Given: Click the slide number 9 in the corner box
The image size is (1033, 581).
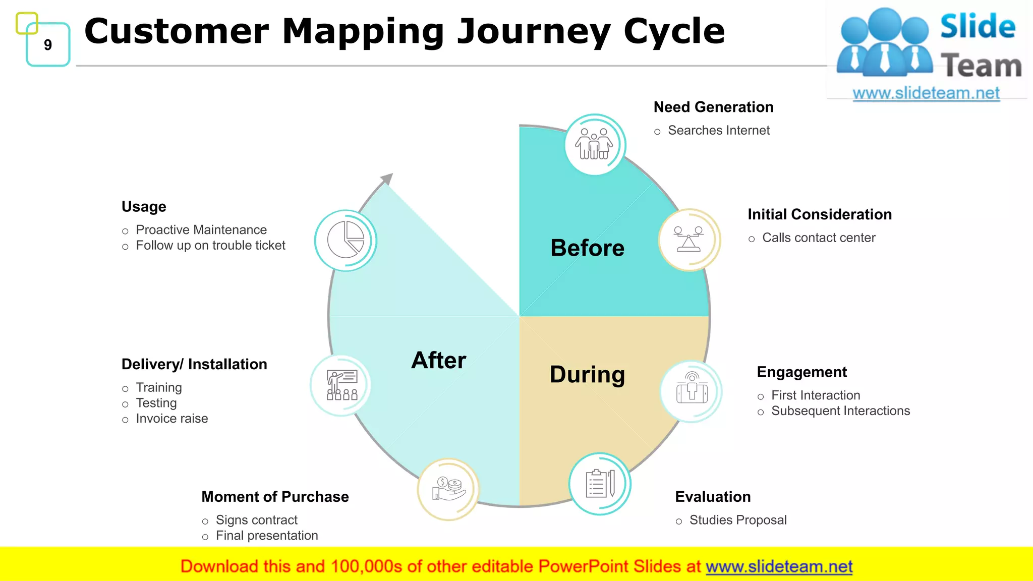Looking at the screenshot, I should point(48,45).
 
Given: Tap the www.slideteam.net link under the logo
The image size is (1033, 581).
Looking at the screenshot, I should point(926,93).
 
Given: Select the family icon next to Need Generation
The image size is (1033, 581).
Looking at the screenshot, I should point(595,144).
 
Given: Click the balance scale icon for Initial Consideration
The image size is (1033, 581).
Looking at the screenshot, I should point(688,240).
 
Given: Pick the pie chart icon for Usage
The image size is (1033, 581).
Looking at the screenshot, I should point(346,240).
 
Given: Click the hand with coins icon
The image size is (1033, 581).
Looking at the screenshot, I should point(448,489).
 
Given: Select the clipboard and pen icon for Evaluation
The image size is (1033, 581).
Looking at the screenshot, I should point(600,484).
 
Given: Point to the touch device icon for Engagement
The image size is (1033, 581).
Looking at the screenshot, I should point(692,391).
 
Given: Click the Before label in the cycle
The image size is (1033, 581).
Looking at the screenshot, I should point(587,248).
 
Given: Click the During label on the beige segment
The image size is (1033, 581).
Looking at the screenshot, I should point(587,375).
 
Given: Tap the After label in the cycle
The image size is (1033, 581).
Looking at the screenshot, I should point(438,361).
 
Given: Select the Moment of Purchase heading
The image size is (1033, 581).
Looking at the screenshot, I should point(275,497).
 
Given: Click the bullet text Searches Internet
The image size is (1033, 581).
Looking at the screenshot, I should point(718,131).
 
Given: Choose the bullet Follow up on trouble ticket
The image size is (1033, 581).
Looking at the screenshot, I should point(210,246).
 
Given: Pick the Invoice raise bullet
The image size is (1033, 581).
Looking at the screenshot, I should point(171,419).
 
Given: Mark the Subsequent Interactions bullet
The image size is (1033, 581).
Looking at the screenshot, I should point(840,411).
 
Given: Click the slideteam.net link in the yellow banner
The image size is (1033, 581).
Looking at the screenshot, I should point(779,567).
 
